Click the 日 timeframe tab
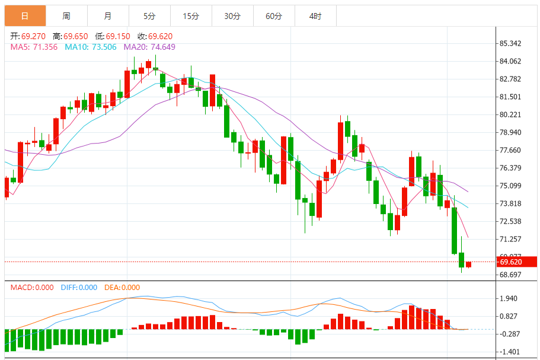(x=25, y=16)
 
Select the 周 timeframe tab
(x=66, y=16)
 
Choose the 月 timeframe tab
(x=107, y=16)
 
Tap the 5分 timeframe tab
(x=149, y=16)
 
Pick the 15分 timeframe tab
(x=191, y=16)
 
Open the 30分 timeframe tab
(x=232, y=16)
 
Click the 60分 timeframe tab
(x=274, y=16)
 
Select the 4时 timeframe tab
(x=315, y=16)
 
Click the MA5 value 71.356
(x=44, y=47)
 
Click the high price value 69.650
(x=75, y=36)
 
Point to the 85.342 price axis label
(x=510, y=43)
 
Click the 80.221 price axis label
(x=510, y=114)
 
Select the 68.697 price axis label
(x=510, y=275)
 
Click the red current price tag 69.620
(x=513, y=262)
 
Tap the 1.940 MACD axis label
(x=509, y=298)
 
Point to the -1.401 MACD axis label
(x=509, y=352)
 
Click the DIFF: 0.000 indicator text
(x=79, y=288)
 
